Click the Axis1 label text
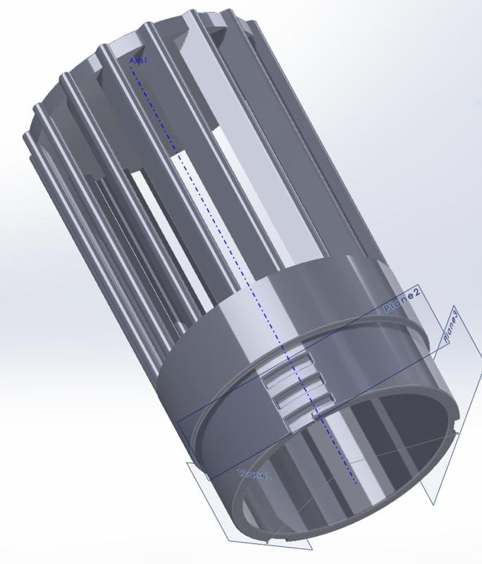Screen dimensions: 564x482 (x=138, y=61)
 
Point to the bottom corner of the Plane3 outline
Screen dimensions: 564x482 (x=431, y=503)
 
